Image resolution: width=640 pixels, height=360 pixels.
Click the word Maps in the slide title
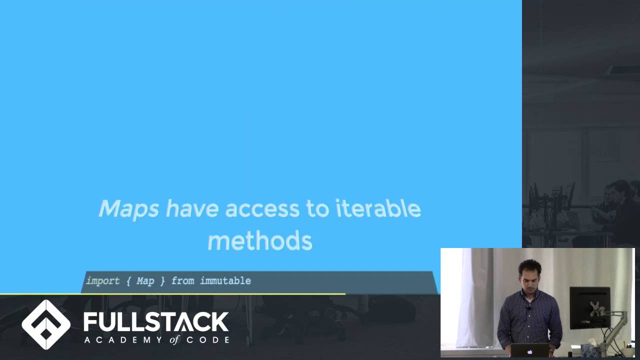[x=128, y=209]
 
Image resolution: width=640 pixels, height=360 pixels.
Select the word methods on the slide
[x=259, y=241]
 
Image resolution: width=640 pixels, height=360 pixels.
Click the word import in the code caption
[x=103, y=281]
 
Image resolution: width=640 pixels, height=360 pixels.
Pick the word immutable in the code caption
[x=225, y=281]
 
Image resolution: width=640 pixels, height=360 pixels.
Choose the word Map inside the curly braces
[x=145, y=281]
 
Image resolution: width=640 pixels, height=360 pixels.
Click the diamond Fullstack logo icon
[x=46, y=324]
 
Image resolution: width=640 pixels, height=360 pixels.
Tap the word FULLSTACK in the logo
[x=156, y=322]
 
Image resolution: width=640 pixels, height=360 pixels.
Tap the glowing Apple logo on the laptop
[x=529, y=351]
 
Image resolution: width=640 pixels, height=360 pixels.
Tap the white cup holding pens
[x=628, y=351]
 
